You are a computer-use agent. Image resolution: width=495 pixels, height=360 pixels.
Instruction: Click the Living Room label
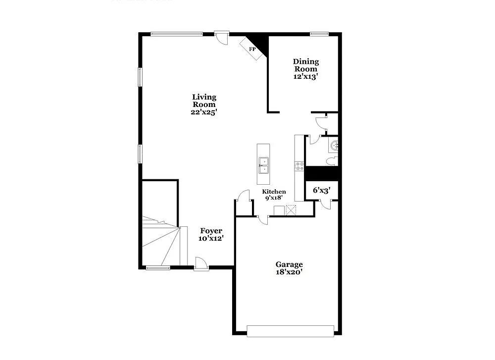(204, 104)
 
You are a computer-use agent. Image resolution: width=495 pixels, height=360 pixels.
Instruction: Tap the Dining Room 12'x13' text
(305, 69)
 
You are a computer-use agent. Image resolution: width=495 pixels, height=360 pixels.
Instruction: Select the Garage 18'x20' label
(289, 268)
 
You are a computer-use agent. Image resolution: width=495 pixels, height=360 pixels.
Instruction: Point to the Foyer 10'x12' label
(211, 234)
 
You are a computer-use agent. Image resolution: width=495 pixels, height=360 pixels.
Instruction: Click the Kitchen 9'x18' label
(274, 195)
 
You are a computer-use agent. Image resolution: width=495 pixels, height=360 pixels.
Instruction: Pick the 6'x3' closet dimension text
(321, 190)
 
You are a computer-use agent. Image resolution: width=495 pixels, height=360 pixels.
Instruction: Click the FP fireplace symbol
(252, 50)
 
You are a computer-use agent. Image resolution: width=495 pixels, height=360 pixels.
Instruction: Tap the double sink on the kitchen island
(264, 165)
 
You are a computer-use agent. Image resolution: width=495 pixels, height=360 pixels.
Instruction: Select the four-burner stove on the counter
(299, 166)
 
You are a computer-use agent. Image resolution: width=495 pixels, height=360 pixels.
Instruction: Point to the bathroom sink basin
(335, 145)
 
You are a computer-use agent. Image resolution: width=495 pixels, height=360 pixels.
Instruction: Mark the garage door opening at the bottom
(291, 330)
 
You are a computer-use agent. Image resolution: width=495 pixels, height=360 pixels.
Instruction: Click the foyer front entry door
(201, 264)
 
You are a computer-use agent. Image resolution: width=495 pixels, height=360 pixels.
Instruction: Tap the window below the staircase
(158, 268)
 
